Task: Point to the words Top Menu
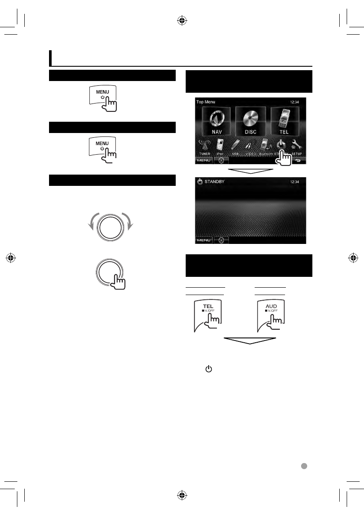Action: (206, 102)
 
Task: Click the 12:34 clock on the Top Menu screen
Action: (295, 102)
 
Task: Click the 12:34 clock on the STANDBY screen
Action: (295, 182)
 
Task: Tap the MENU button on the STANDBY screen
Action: (203, 240)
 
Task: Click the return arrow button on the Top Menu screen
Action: (298, 160)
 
